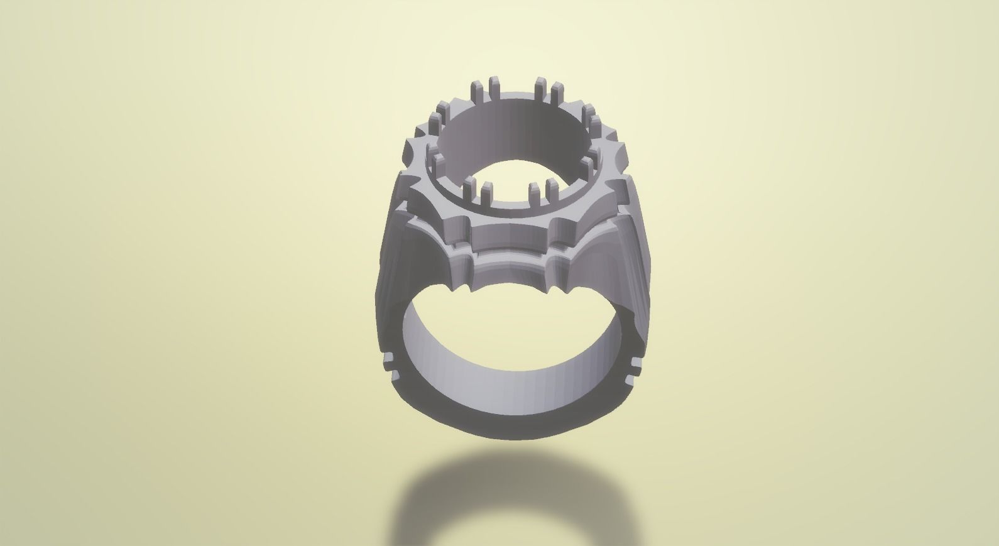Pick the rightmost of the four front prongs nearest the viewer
point(553,189)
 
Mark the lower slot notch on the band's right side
point(632,376)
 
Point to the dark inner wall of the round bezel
point(512,135)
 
